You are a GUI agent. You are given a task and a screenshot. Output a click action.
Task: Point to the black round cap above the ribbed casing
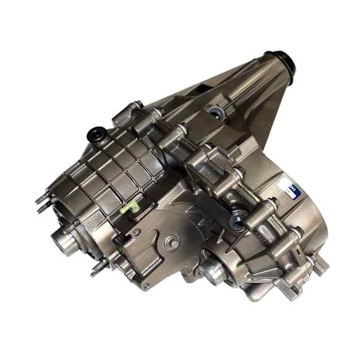coord(96,132)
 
